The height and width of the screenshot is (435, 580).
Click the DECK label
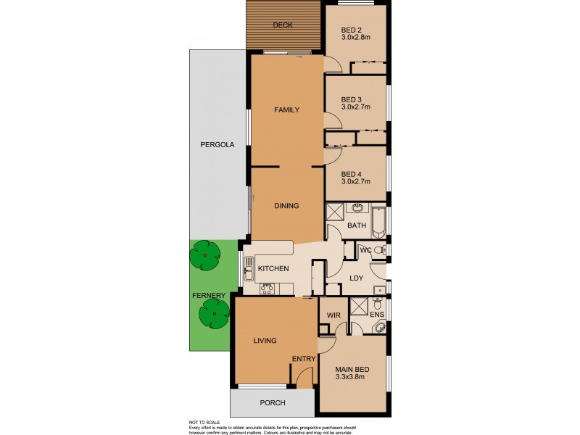tap(283, 25)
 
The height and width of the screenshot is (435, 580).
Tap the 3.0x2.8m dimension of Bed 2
tap(356, 38)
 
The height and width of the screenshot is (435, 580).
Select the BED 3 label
tap(352, 99)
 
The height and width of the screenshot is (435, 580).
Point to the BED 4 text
tap(352, 173)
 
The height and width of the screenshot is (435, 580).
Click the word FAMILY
tap(286, 110)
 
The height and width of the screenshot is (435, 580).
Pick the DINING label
tap(286, 206)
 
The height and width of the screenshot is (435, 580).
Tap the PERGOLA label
tap(217, 145)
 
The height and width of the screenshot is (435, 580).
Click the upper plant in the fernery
tap(204, 254)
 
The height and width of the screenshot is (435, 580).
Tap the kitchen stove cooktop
tap(266, 289)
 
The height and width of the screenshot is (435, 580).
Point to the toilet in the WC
tap(380, 250)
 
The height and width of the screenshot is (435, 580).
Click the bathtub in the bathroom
tap(379, 221)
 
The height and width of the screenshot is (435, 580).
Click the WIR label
tap(334, 316)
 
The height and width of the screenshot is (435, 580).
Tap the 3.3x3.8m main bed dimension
tap(351, 376)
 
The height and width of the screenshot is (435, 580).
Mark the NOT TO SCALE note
tap(205, 421)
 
